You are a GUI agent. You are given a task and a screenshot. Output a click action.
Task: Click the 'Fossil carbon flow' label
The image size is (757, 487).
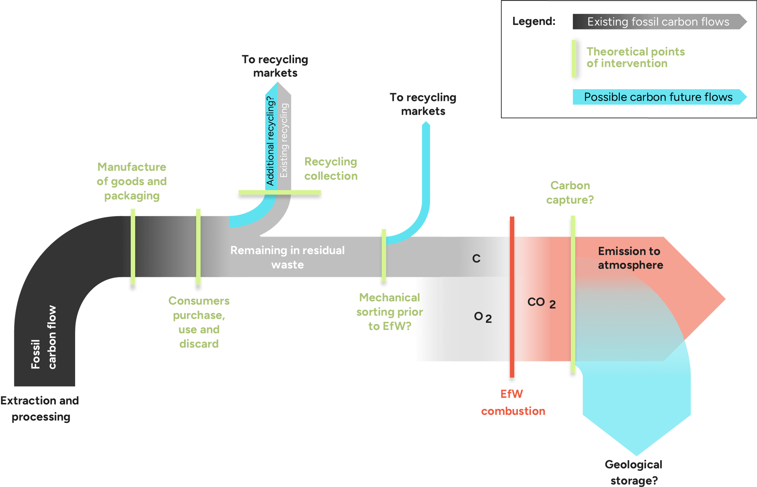tap(44, 337)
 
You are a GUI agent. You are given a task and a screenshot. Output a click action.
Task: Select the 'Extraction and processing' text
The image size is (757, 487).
tap(40, 408)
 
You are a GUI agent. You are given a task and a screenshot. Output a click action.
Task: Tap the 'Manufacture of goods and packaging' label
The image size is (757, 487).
tap(131, 181)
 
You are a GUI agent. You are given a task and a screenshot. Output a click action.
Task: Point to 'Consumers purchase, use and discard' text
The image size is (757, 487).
tap(199, 322)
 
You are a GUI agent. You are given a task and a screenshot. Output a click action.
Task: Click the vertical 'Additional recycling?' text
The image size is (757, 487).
tap(270, 141)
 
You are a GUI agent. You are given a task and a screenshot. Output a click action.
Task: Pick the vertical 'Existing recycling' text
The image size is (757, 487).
tap(284, 141)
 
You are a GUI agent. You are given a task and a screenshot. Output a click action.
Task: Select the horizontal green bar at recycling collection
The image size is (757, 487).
tap(280, 192)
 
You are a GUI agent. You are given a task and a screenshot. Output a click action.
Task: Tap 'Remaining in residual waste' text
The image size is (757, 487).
tap(287, 257)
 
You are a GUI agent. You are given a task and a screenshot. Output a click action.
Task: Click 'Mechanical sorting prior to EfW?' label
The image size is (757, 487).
tap(390, 312)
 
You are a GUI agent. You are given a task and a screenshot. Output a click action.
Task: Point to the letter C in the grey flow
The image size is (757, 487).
tap(476, 259)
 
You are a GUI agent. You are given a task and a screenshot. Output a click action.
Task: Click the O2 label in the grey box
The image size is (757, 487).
tap(483, 317)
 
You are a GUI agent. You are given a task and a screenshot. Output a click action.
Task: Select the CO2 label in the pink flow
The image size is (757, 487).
tap(541, 303)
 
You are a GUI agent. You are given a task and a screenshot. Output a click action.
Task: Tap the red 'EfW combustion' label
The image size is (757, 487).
tap(513, 402)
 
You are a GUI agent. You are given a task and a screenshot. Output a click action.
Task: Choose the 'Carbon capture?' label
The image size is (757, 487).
tap(570, 193)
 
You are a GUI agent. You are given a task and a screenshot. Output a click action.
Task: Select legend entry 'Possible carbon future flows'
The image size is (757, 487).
tap(658, 97)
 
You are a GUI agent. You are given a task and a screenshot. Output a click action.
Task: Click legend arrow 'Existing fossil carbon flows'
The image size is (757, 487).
tap(658, 22)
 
